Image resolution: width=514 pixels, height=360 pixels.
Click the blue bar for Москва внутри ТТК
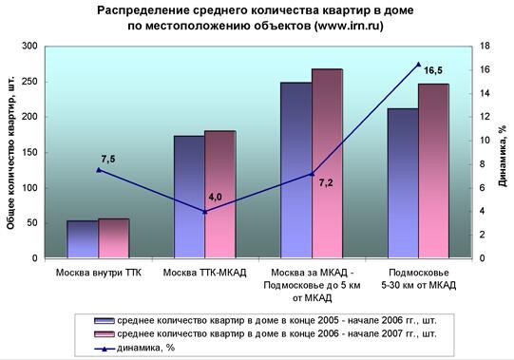(x=83, y=239)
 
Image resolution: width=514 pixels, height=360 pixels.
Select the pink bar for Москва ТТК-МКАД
(x=220, y=194)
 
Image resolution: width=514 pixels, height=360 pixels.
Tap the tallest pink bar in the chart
(x=327, y=163)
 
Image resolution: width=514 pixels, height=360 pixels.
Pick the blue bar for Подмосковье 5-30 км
(x=403, y=183)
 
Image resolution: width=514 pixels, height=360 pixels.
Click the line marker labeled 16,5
(x=418, y=65)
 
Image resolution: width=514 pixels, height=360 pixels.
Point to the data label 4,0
(x=215, y=197)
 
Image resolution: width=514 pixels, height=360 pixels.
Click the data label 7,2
(x=326, y=182)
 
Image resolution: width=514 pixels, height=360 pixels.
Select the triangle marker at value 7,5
(x=99, y=170)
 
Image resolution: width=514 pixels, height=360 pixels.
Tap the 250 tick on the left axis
(x=29, y=82)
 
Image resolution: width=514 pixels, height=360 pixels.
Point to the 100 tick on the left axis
(x=29, y=187)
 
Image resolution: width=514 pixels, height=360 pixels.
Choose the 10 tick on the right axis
(x=484, y=141)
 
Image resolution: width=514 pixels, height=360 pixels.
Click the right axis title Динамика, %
(x=503, y=156)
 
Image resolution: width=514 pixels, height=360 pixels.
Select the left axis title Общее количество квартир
(x=10, y=153)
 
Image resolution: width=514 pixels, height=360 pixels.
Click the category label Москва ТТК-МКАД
(x=204, y=273)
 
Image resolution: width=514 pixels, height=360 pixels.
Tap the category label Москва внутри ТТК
(x=99, y=273)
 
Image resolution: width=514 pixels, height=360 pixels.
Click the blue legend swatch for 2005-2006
(x=105, y=321)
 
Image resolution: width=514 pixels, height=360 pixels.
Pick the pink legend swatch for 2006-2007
(x=105, y=334)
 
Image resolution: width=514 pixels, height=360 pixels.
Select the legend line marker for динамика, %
(x=105, y=349)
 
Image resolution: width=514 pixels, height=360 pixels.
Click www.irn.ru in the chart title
(x=349, y=26)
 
